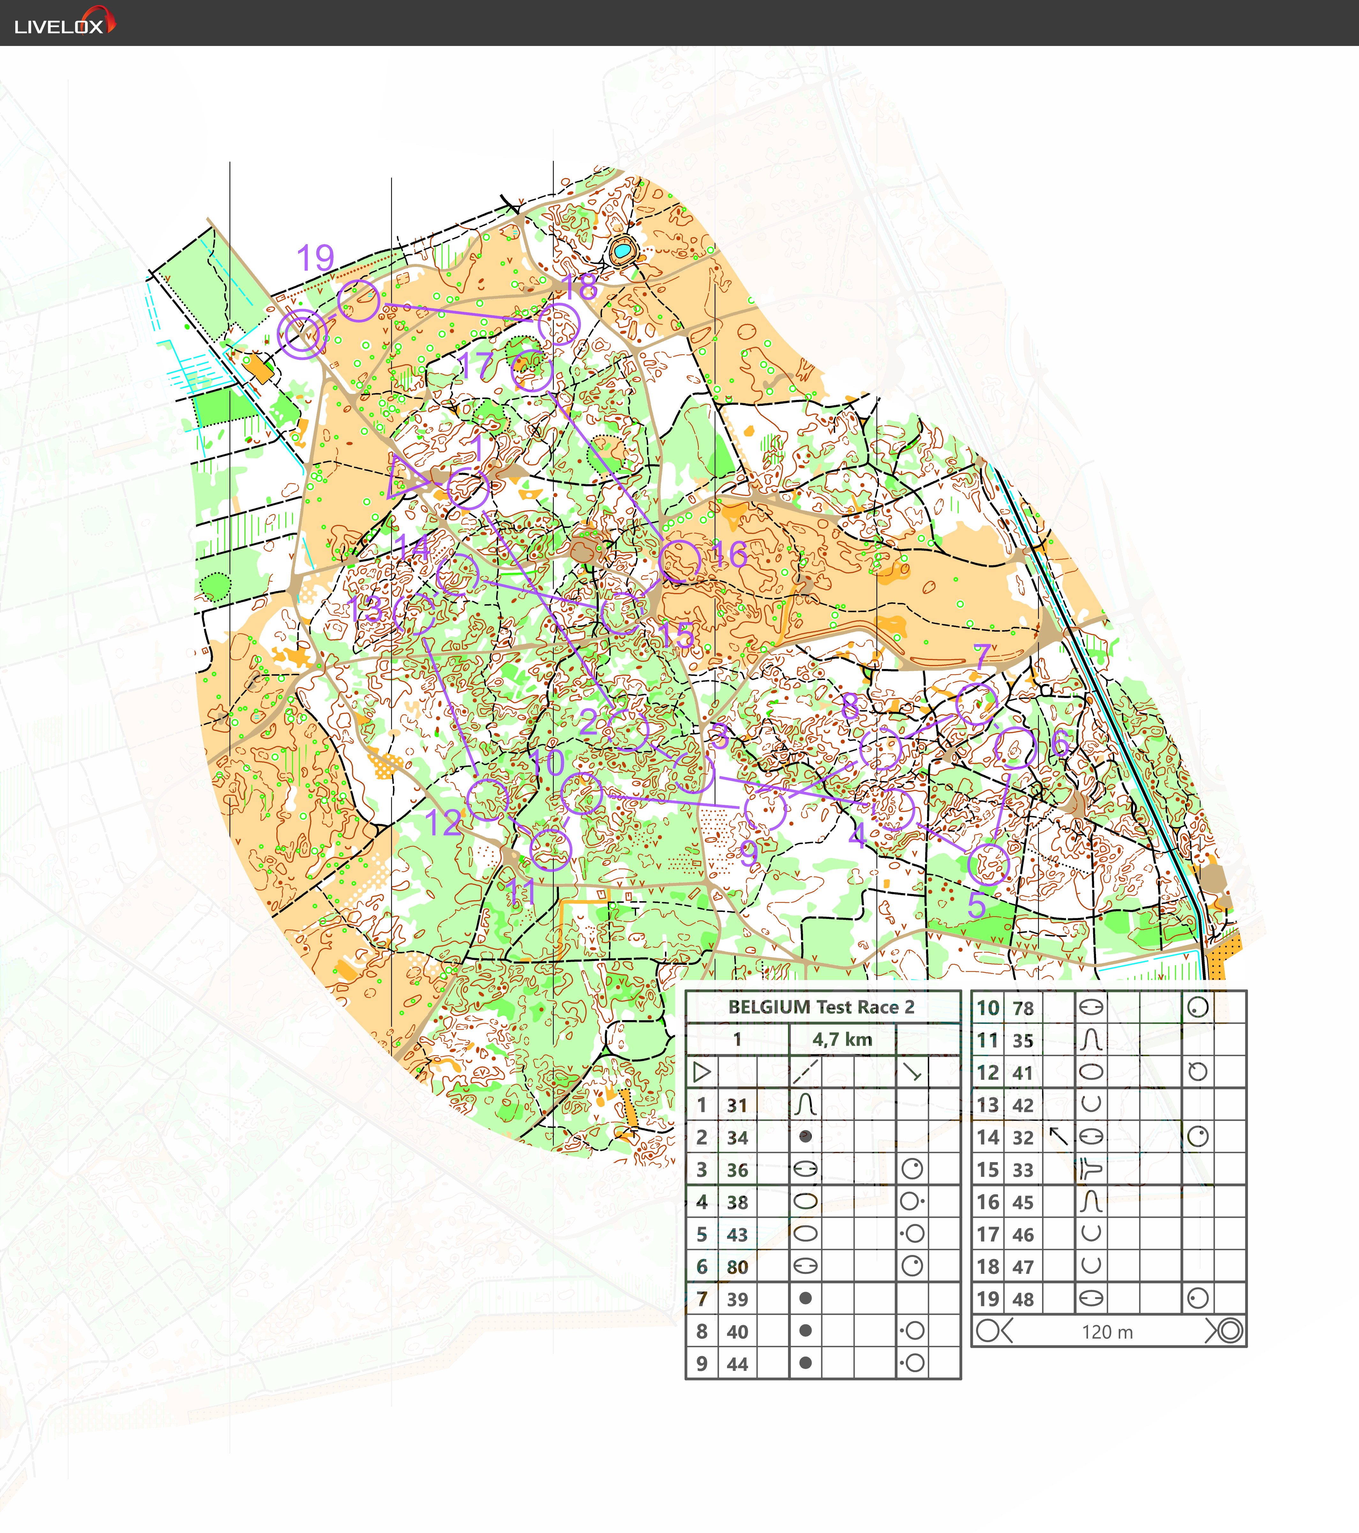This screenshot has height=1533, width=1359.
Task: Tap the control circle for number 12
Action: tap(487, 799)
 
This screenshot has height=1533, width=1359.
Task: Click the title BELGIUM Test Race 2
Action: tap(821, 1007)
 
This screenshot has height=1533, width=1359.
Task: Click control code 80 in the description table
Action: tap(737, 1267)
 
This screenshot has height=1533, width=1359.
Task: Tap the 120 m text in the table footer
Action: tap(1107, 1332)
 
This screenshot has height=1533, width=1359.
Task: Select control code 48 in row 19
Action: tap(1023, 1299)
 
